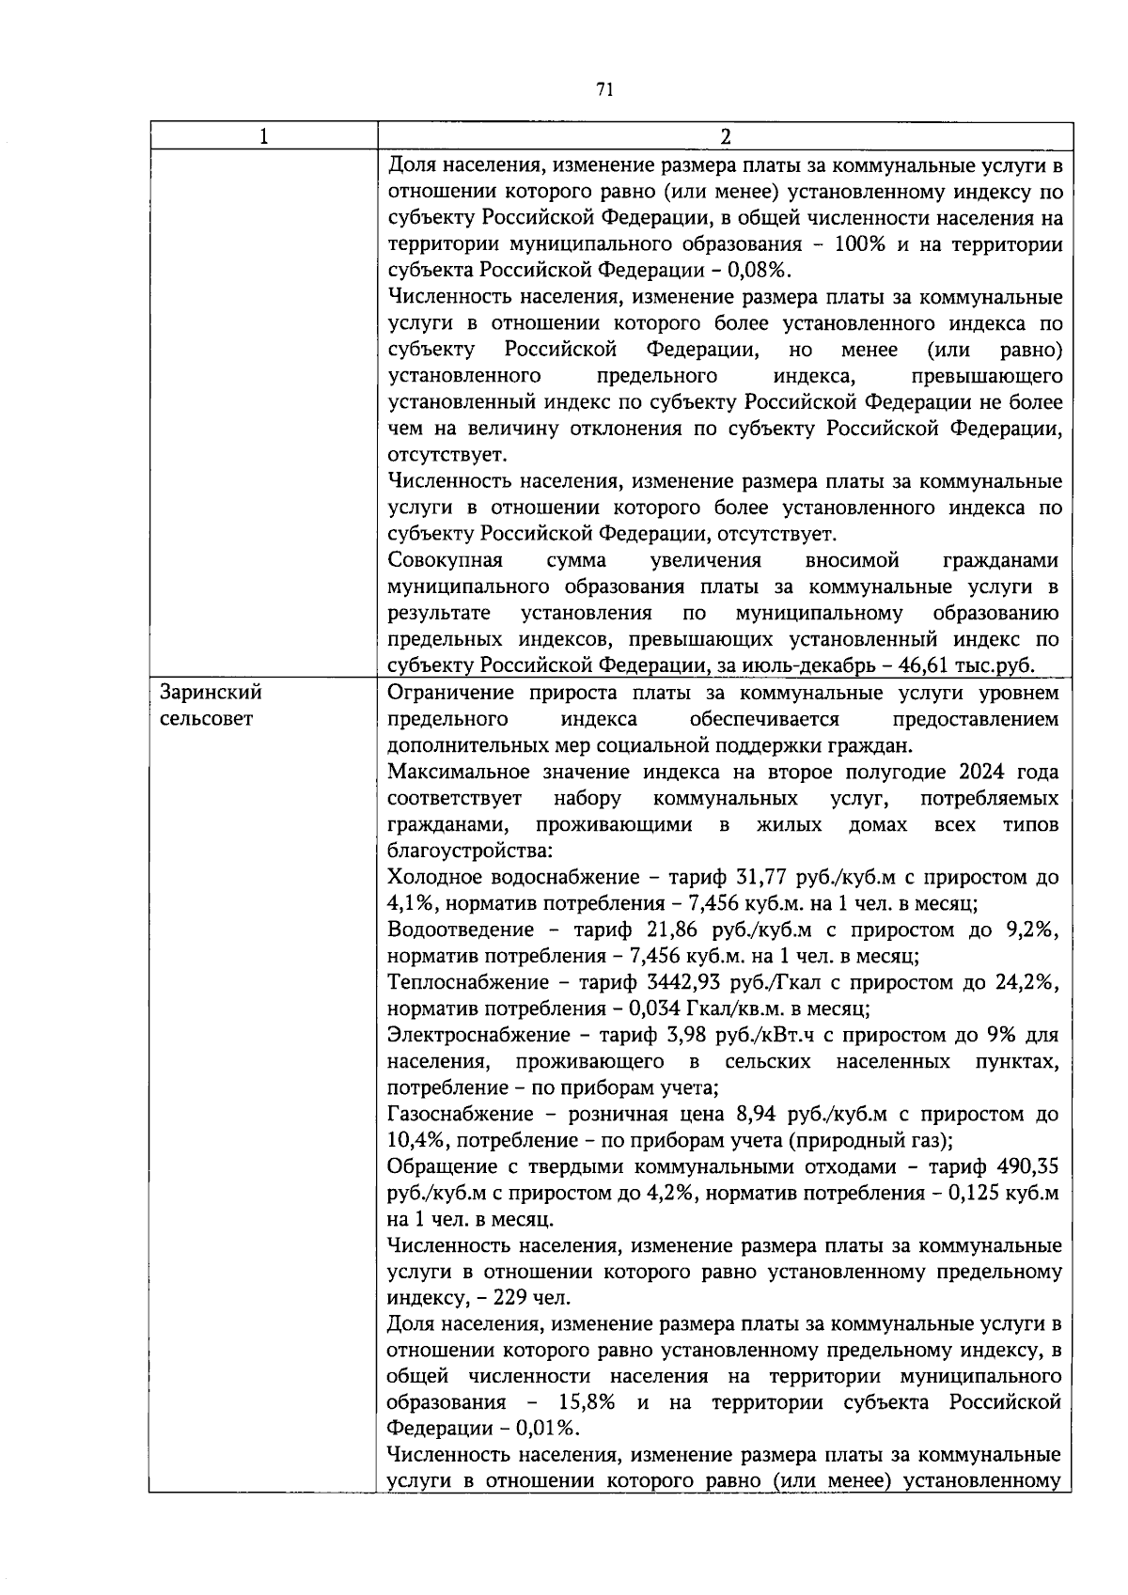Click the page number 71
click(604, 89)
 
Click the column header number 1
click(264, 136)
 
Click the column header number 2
click(725, 136)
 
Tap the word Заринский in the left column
click(211, 693)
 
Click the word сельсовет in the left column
click(206, 719)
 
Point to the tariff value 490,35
click(1026, 1167)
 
